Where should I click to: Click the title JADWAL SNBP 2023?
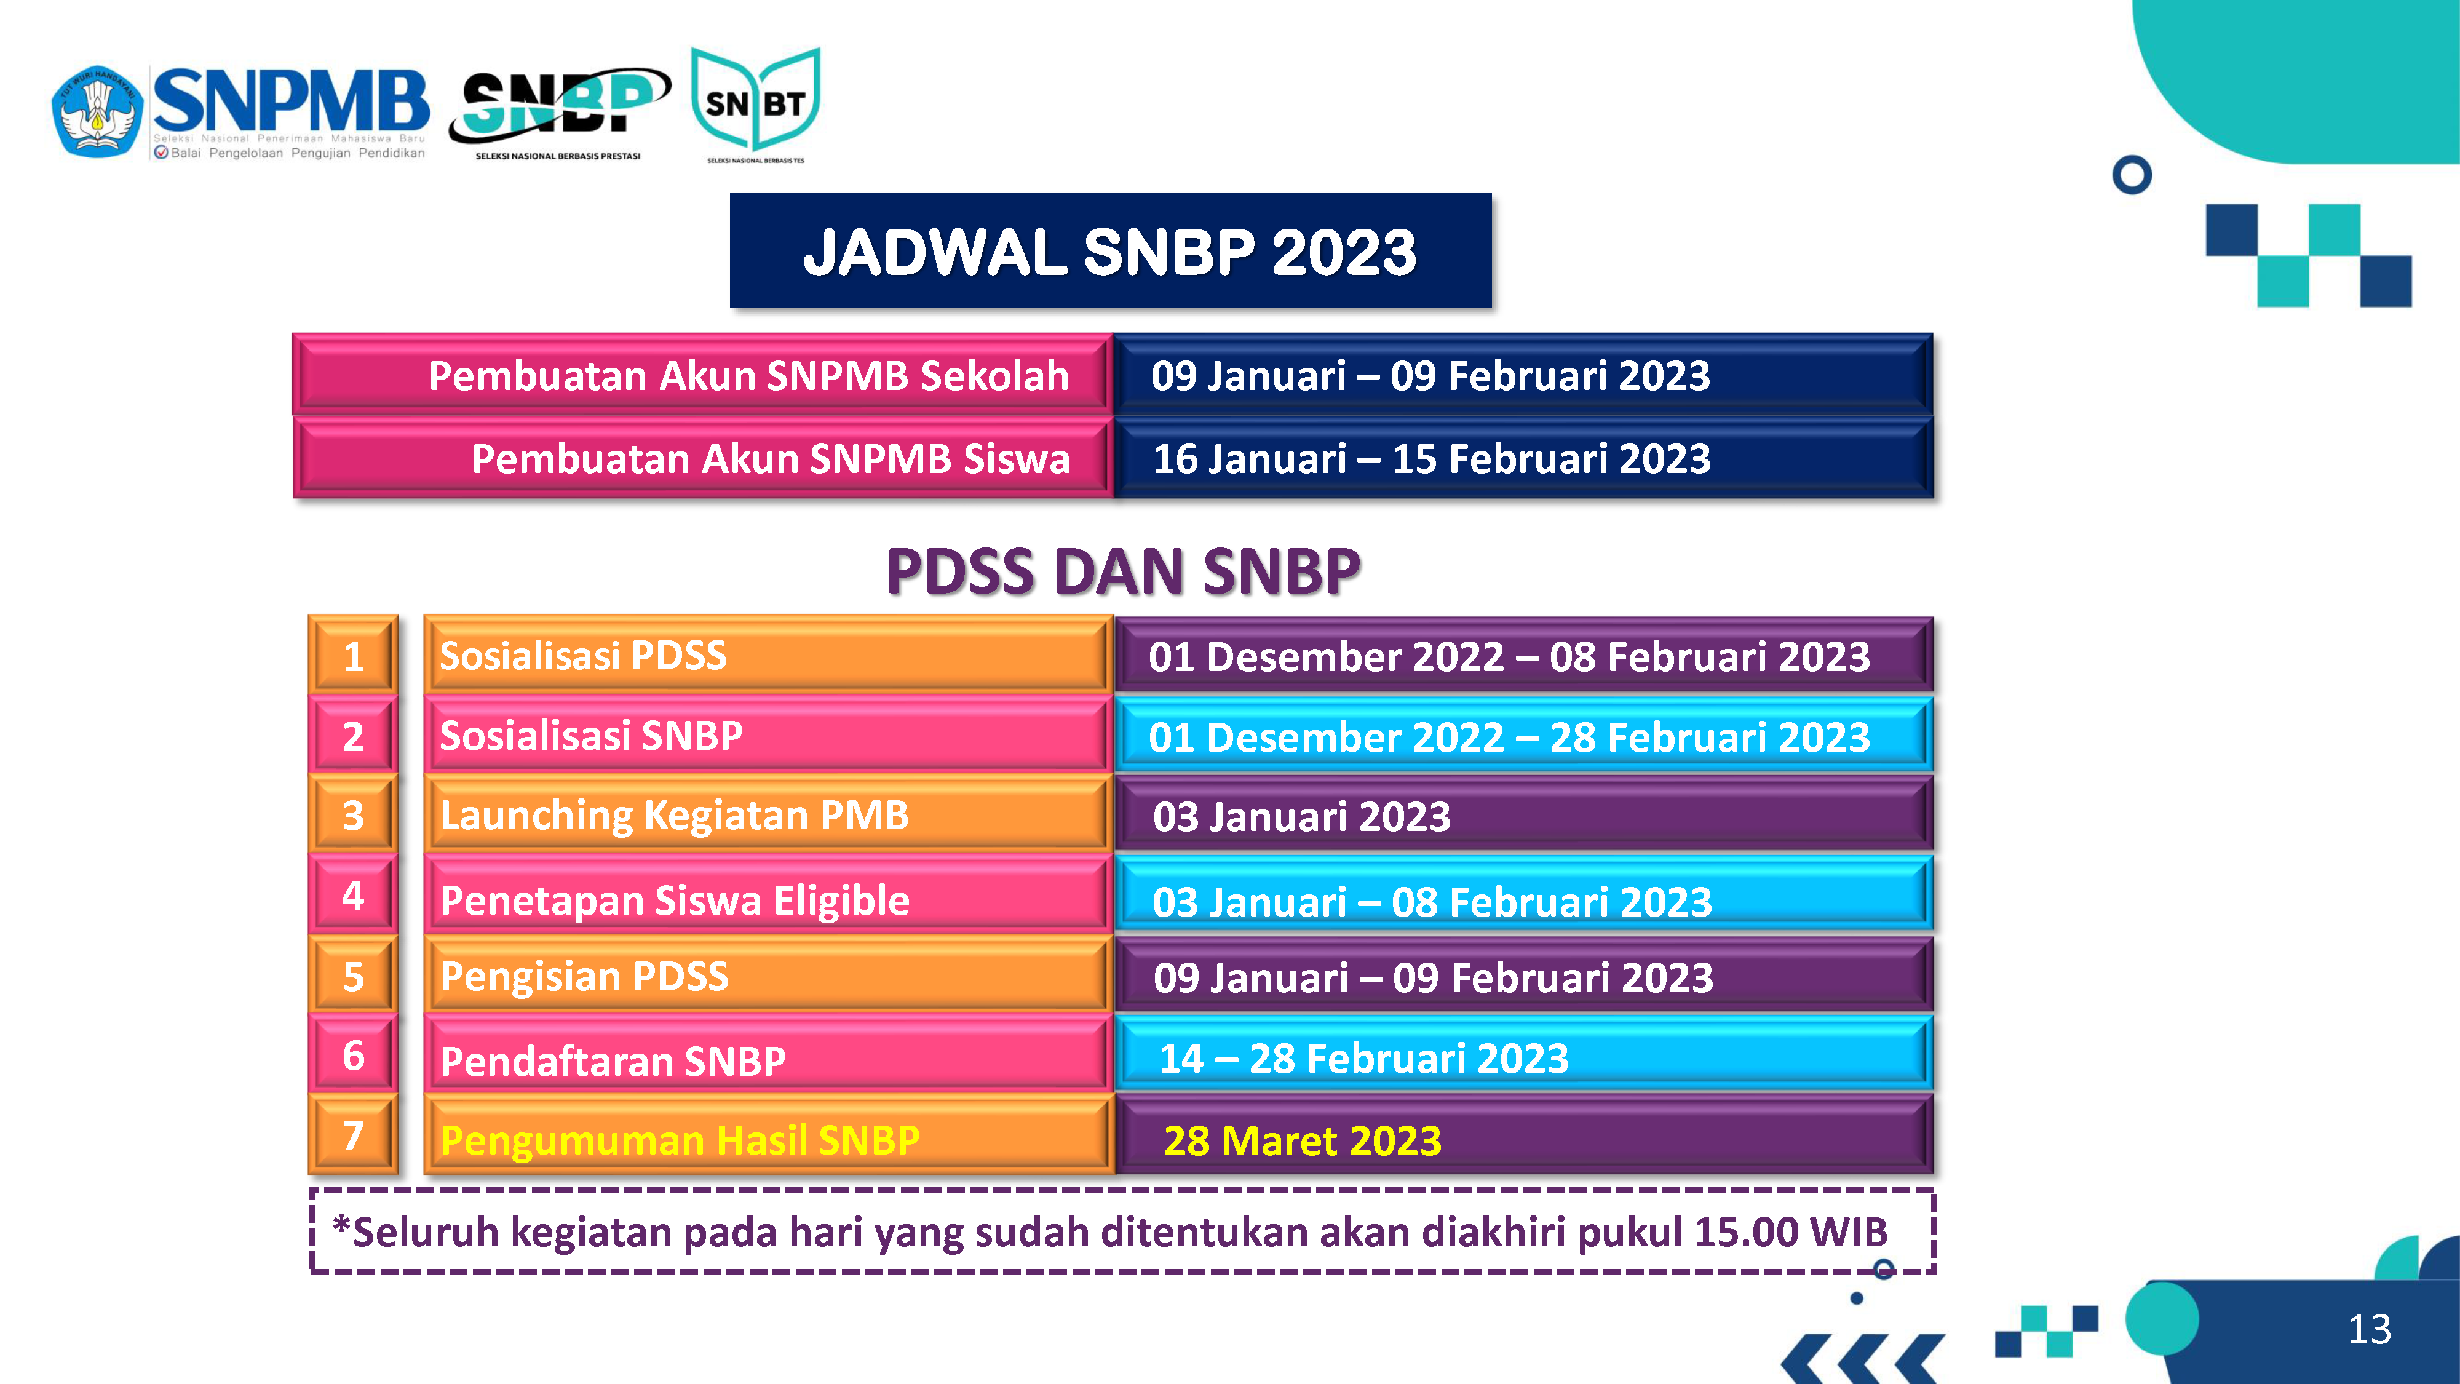pos(1109,252)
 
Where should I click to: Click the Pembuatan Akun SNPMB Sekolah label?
pos(748,375)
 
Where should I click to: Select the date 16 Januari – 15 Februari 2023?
pos(1432,458)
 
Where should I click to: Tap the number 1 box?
pos(354,655)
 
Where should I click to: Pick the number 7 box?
pos(354,1135)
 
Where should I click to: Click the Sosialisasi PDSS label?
pos(582,655)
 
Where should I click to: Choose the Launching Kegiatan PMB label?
pos(674,816)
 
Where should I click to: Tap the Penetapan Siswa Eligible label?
pos(674,901)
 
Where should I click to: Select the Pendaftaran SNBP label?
pos(613,1061)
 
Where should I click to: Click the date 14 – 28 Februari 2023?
pos(1363,1058)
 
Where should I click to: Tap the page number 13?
pos(2369,1329)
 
